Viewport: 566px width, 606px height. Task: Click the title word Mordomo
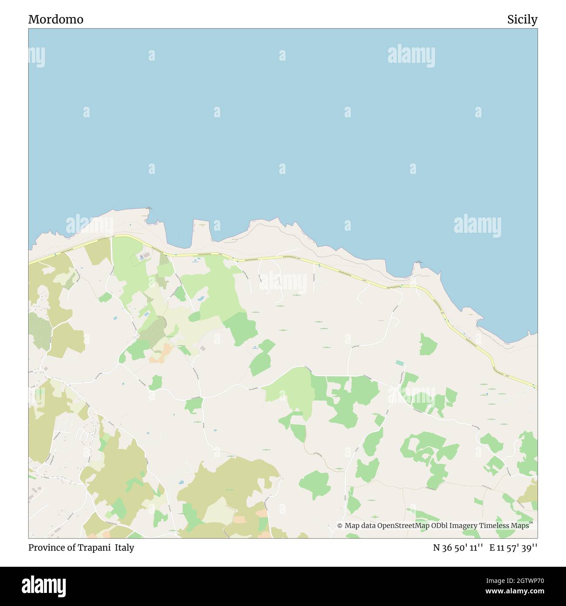pos(56,20)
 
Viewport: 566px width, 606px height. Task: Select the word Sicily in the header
pos(522,20)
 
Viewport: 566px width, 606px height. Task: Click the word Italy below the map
pos(125,548)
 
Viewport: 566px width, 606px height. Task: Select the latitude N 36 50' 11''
pos(458,548)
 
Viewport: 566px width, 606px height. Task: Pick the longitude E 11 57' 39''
pos(513,548)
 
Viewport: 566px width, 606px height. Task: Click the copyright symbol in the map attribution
pos(340,526)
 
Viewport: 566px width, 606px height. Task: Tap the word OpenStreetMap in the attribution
pos(403,526)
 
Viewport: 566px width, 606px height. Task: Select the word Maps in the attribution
pos(520,526)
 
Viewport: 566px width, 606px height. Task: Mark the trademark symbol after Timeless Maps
pos(531,523)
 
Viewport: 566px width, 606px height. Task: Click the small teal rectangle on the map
pos(399,363)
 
